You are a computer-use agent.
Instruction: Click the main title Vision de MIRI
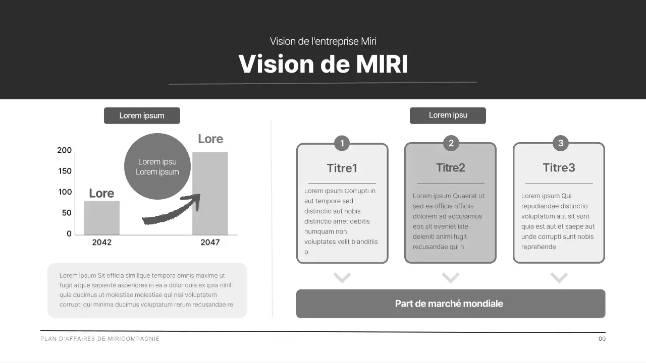323,64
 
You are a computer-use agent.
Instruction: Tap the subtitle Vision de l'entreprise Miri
323,41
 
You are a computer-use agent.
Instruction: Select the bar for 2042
101,218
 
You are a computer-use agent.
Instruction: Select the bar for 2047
210,193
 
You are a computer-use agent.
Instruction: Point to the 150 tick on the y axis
65,171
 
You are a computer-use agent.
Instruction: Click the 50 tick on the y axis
67,213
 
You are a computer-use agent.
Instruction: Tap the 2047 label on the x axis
210,243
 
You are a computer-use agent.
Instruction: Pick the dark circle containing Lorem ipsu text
157,166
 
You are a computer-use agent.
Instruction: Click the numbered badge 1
342,143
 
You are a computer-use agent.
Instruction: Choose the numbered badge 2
451,143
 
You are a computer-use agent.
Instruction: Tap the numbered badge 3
560,143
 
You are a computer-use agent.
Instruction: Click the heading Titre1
342,168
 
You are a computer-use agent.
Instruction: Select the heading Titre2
451,167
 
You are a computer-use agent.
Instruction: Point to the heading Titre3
559,167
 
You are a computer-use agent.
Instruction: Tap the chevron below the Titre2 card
451,277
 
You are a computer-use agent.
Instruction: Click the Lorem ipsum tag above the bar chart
142,115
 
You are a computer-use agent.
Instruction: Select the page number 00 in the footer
602,339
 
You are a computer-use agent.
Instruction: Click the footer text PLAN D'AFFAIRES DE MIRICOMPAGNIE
100,339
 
